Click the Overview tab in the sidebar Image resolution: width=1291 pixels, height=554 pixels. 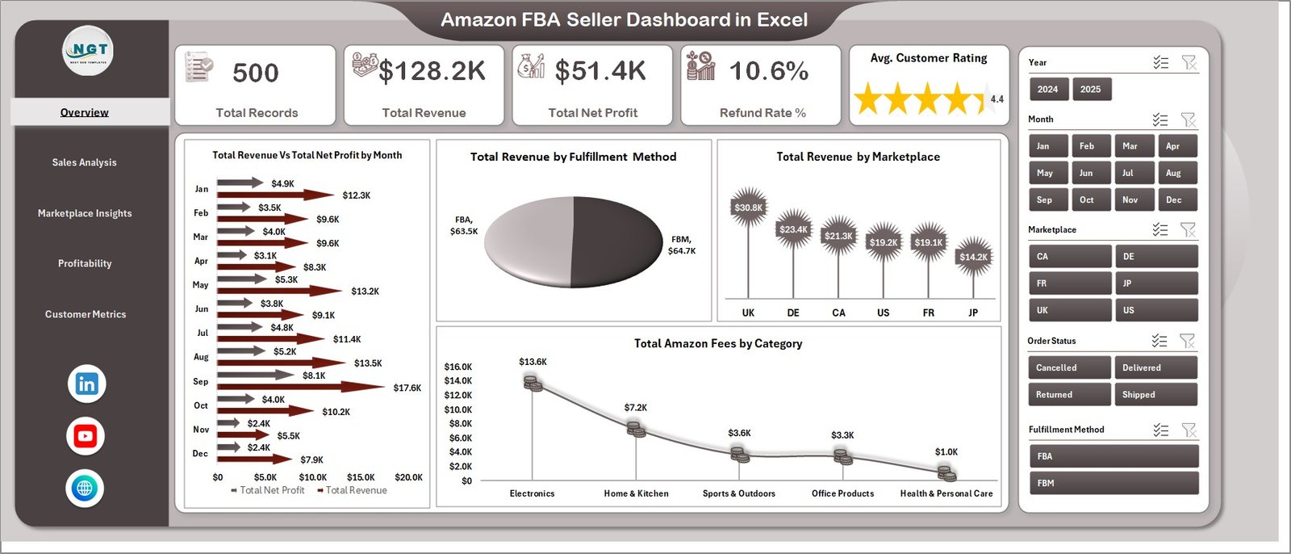[85, 112]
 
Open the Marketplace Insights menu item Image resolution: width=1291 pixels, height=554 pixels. [85, 213]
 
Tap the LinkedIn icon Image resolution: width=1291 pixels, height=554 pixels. [86, 384]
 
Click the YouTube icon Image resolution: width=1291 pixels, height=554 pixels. [86, 436]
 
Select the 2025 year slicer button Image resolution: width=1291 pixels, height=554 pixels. [1090, 90]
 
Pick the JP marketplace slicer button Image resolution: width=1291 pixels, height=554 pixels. [1155, 283]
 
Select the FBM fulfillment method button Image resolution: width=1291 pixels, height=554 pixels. [1113, 483]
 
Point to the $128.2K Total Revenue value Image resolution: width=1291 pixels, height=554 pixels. [432, 72]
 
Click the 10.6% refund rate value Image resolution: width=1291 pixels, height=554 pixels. [769, 72]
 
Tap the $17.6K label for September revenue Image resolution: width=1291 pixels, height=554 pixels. [407, 388]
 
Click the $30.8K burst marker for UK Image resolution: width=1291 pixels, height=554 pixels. [748, 208]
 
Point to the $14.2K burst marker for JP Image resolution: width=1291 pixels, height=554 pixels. [973, 257]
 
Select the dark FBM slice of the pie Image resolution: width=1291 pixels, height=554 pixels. [617, 242]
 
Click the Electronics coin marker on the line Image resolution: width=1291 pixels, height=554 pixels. [533, 384]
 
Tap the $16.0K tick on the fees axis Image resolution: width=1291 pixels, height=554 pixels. [458, 367]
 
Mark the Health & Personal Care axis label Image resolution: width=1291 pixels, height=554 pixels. [946, 493]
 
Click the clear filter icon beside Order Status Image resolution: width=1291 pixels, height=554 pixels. [1187, 341]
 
